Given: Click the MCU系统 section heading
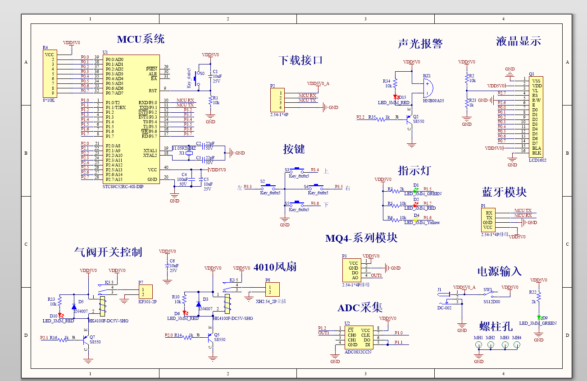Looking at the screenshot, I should coord(141,39).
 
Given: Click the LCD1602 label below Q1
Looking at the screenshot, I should coord(537,160).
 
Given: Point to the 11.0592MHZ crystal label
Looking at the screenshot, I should coord(185,147).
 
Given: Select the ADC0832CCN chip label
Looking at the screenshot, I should coord(358,352).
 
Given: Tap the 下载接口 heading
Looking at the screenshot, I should coord(300,60).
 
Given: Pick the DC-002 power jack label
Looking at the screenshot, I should coord(444,308).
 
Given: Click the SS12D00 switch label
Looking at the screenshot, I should coord(491,302).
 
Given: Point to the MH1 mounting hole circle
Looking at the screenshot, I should coord(478,345).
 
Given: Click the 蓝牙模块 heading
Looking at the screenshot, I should coord(504,192).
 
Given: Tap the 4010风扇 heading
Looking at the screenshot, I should coord(275,266).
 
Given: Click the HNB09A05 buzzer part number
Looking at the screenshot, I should coord(433,101).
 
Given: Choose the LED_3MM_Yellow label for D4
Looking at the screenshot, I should coord(422,223).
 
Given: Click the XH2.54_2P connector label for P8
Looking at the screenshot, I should coord(271,301).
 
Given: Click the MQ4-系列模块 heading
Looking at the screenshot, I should coord(361,238).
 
